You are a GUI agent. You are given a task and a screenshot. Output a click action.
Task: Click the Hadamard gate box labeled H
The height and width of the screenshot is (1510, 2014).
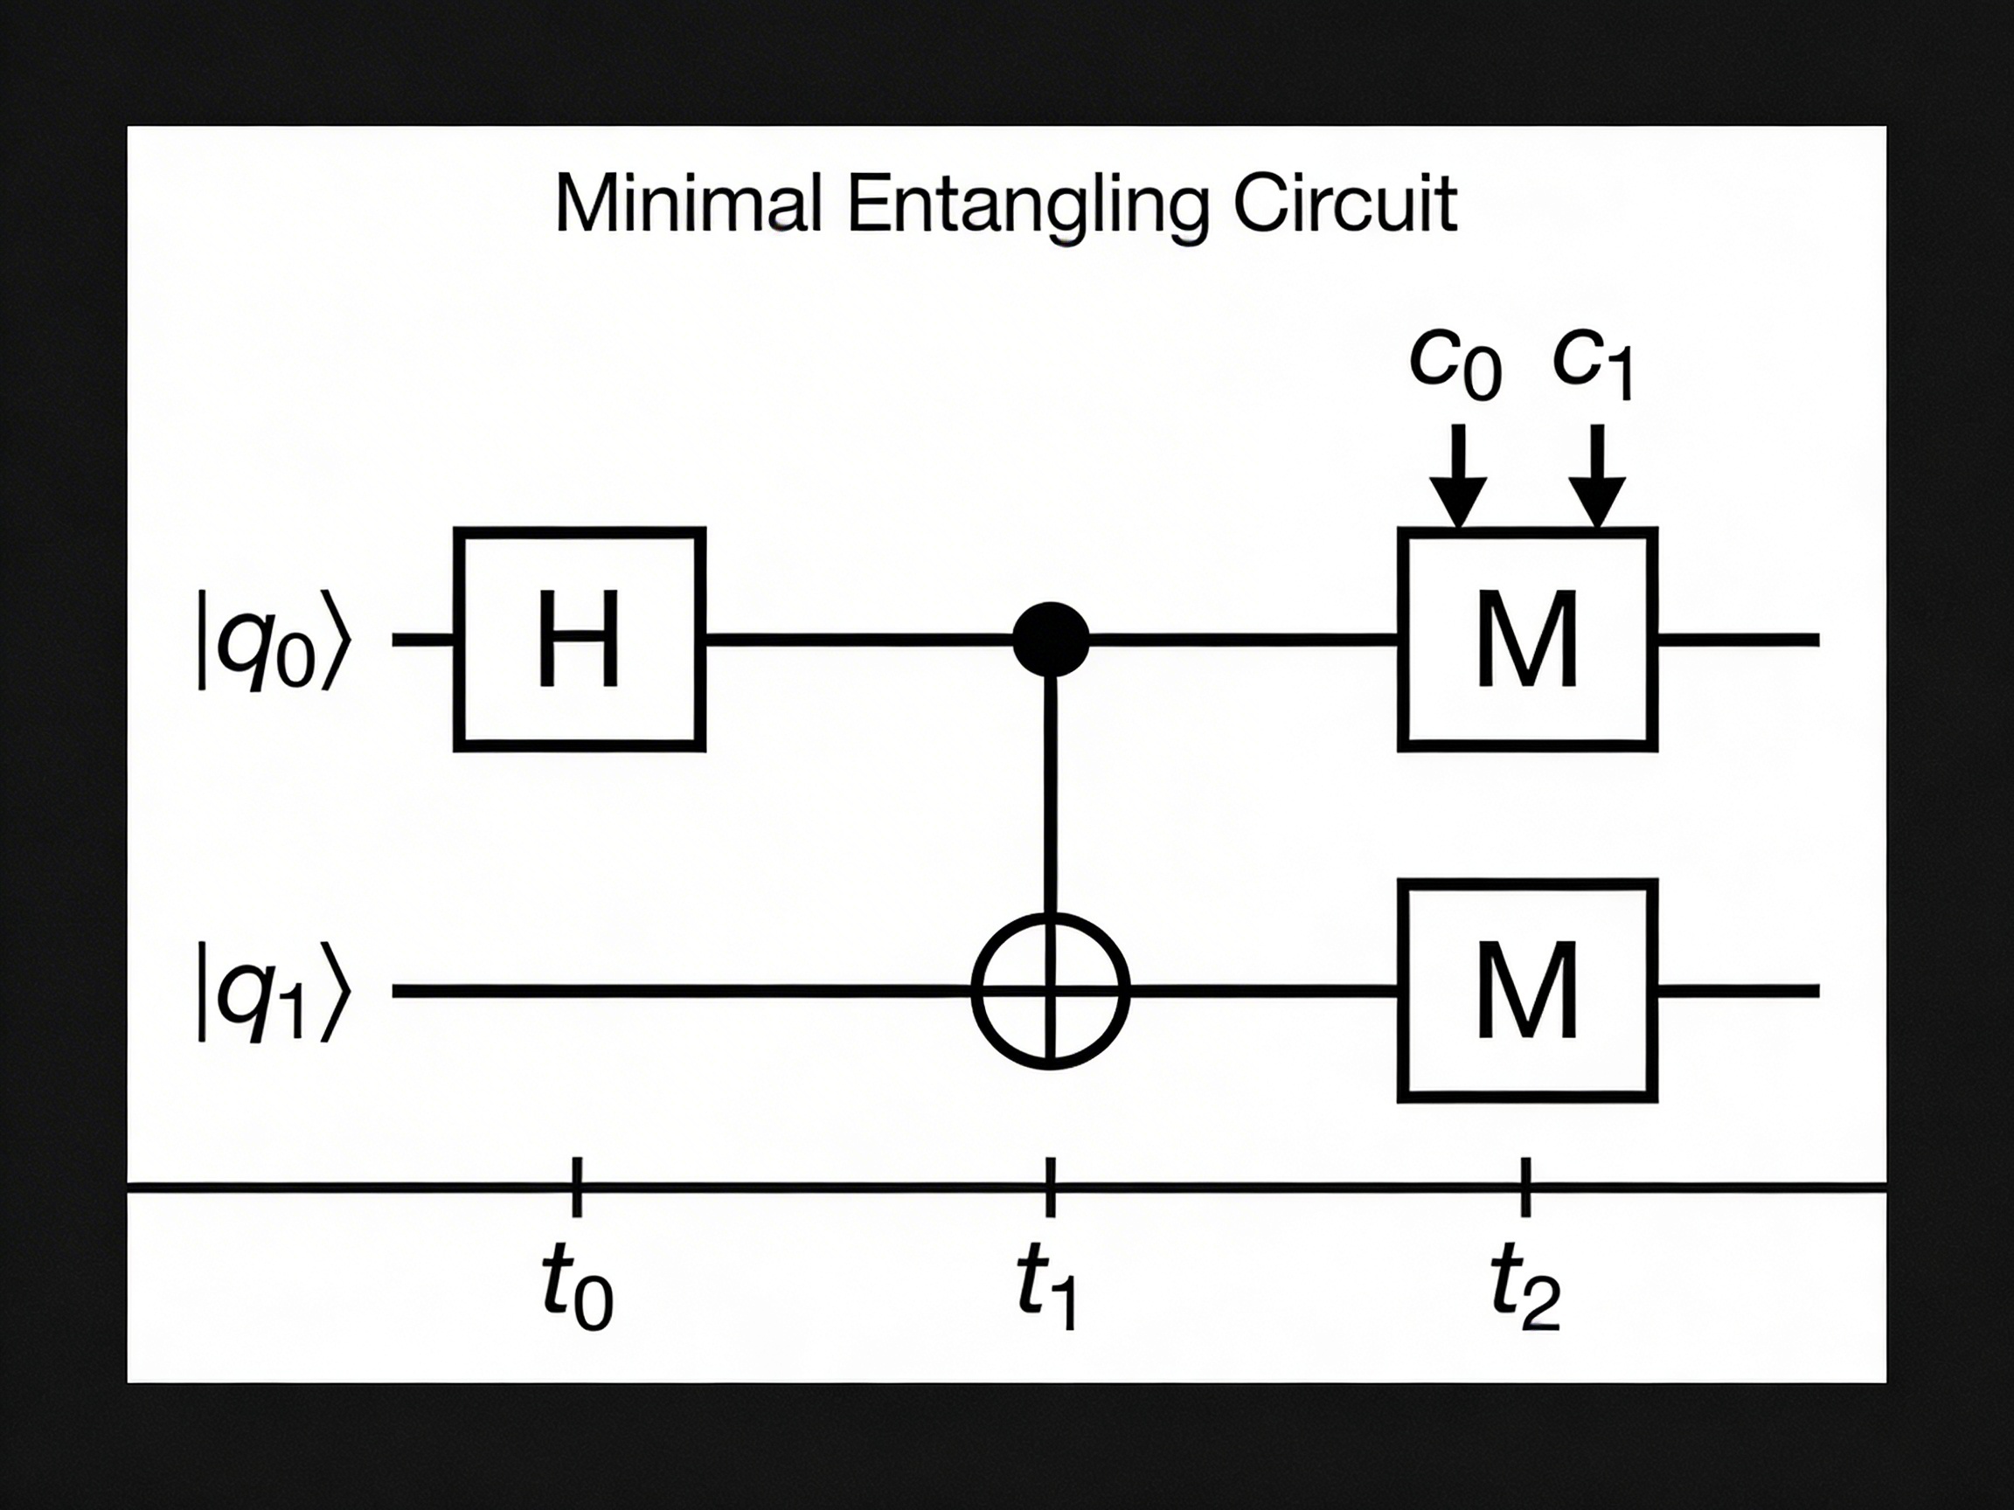(x=579, y=639)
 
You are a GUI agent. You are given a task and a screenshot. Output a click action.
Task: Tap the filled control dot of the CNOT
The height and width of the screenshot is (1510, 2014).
(x=1051, y=639)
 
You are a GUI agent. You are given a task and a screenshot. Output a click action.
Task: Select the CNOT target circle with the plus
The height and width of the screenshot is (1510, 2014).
(x=1051, y=991)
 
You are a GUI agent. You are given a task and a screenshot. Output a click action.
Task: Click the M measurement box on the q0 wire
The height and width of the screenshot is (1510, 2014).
(x=1527, y=639)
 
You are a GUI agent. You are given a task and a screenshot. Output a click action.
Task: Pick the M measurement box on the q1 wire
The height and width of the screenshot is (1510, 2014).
(x=1527, y=990)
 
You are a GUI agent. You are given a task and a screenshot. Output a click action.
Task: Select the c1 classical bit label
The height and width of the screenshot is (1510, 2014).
(x=1594, y=363)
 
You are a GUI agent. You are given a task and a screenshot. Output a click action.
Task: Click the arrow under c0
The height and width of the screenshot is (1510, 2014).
(x=1458, y=478)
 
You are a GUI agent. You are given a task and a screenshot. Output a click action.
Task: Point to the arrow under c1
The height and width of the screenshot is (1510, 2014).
(x=1597, y=478)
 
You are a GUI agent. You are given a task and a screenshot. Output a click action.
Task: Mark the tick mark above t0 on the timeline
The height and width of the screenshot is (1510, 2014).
(x=576, y=1187)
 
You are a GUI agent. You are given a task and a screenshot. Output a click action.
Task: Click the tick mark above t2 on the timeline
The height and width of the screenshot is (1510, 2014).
(x=1526, y=1187)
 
